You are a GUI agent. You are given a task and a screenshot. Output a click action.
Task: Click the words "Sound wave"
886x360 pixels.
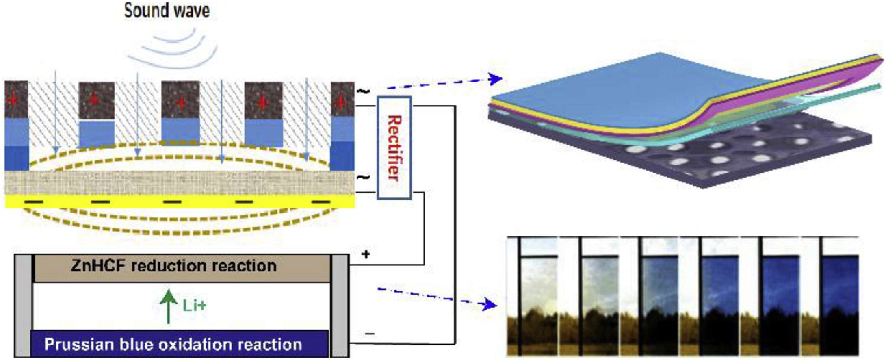click(x=167, y=11)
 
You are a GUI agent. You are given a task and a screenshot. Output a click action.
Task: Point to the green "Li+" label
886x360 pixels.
click(x=194, y=306)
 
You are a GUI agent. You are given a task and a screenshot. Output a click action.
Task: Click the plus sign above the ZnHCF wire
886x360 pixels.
click(x=366, y=255)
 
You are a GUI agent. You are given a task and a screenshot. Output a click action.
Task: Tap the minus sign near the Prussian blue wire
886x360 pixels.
click(x=370, y=334)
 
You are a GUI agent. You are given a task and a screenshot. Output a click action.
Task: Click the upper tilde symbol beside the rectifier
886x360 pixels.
click(x=363, y=91)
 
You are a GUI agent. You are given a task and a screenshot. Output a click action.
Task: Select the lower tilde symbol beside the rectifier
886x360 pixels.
click(x=363, y=178)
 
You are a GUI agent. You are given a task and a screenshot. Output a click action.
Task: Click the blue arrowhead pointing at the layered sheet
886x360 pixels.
click(x=496, y=79)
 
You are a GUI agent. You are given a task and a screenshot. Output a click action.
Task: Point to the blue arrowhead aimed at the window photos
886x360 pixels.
click(x=490, y=304)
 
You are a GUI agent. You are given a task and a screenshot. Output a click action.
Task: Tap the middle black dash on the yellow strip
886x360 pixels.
click(x=172, y=202)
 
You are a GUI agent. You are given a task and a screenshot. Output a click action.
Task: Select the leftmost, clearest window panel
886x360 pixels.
click(x=539, y=284)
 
